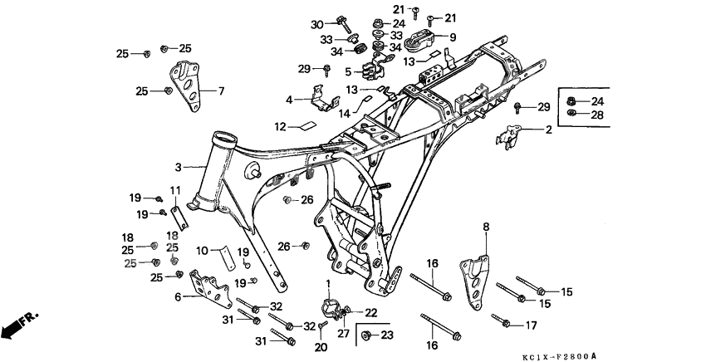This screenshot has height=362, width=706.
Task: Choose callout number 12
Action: coord(281,127)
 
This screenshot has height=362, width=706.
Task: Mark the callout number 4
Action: coord(290,100)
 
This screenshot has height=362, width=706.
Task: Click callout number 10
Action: coord(201,250)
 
